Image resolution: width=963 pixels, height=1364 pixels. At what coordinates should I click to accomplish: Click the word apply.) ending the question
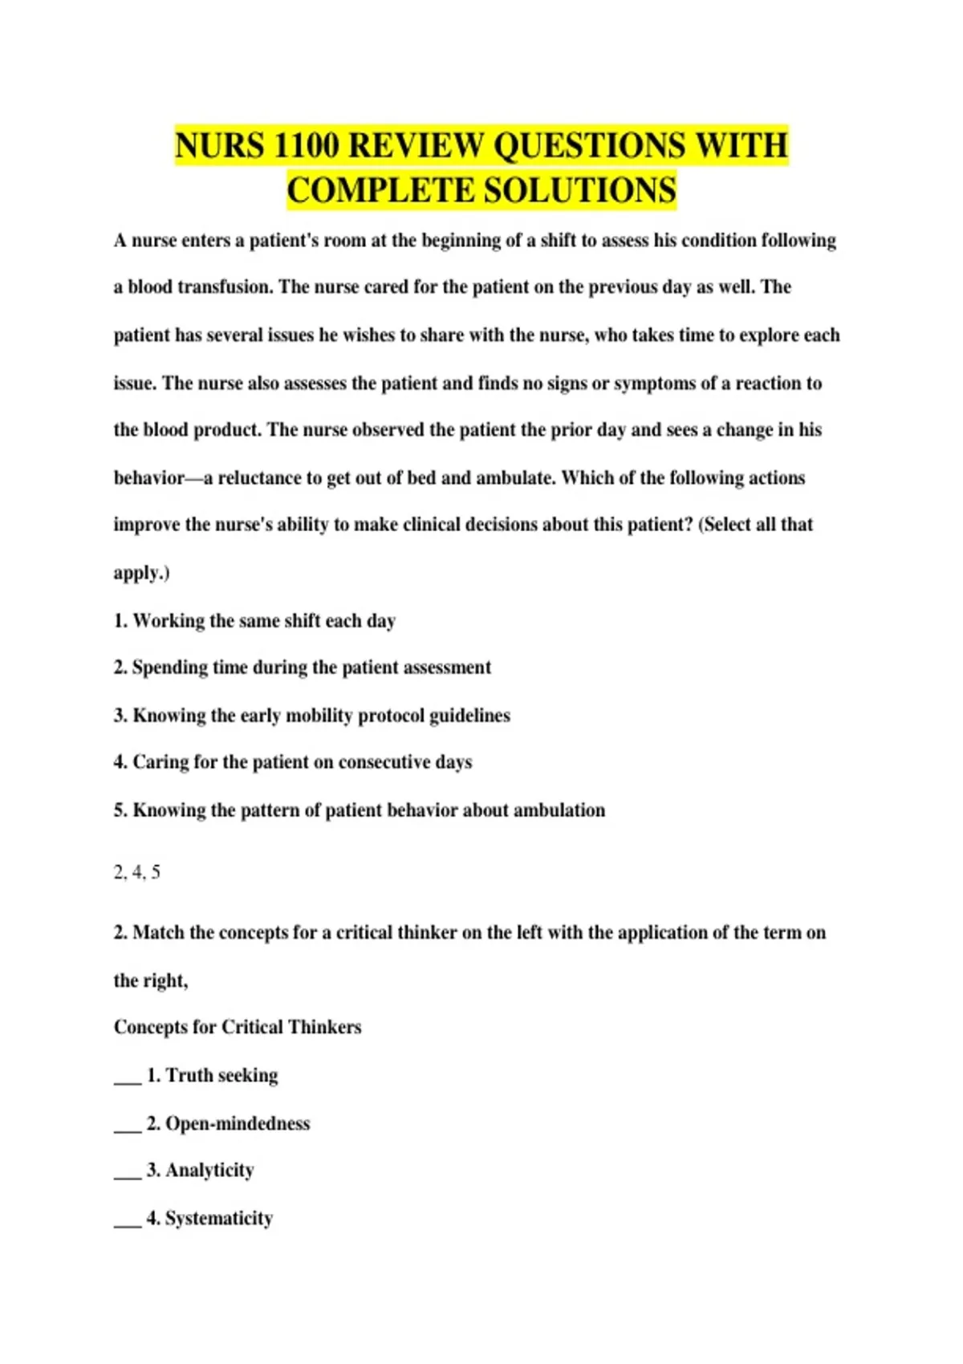(141, 573)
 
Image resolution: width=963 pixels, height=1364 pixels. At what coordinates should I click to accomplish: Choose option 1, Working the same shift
(254, 621)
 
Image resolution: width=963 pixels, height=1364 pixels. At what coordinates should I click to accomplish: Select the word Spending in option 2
(169, 668)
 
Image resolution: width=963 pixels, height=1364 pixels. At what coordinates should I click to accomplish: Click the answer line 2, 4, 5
(137, 872)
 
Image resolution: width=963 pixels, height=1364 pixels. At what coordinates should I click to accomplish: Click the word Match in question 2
(158, 933)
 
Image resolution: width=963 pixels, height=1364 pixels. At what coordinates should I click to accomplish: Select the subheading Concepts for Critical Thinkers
(238, 1028)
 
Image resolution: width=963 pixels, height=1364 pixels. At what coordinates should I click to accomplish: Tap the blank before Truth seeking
(127, 1078)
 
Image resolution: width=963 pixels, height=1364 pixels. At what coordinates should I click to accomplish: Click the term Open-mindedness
(238, 1123)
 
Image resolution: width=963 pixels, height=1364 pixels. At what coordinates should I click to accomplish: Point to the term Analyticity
(209, 1171)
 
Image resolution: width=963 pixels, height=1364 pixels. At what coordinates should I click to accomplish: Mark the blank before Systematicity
(127, 1220)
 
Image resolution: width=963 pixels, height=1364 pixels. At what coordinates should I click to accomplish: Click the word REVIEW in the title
(416, 146)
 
